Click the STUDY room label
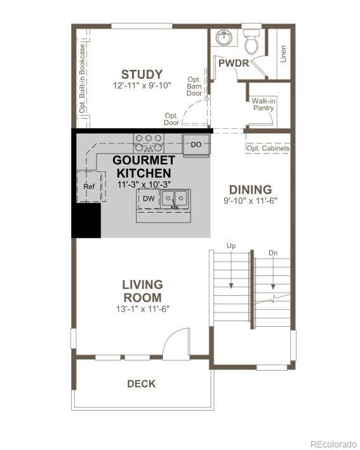click(x=142, y=74)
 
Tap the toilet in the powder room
click(x=251, y=41)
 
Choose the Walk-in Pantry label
click(x=263, y=104)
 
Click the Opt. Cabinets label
click(x=268, y=149)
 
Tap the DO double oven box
click(x=196, y=145)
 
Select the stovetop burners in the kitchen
click(x=149, y=142)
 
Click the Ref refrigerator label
click(x=90, y=187)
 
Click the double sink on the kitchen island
click(x=174, y=199)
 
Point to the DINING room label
click(x=250, y=189)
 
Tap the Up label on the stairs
click(x=231, y=245)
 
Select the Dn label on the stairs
click(x=273, y=253)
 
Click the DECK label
click(x=141, y=383)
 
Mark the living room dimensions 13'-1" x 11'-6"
click(x=142, y=309)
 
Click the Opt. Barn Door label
click(x=194, y=86)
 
